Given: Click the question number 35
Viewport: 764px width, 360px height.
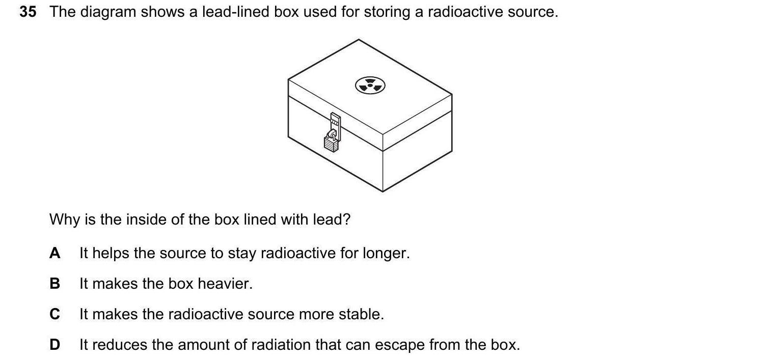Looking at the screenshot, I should pos(28,12).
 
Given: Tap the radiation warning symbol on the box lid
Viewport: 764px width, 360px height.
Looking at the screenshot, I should pos(370,86).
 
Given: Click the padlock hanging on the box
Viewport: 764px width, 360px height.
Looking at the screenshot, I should pos(331,142).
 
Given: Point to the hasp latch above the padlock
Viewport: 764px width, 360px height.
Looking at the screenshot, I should pos(335,122).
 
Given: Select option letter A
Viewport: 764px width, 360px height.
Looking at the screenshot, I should pos(55,253).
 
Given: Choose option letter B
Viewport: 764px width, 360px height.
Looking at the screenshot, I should pos(55,284).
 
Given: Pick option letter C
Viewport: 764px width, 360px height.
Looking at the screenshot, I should pos(55,314).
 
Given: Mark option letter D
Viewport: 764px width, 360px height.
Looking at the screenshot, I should pos(55,345).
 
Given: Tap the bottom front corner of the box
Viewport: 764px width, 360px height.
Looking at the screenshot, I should pos(383,191).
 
